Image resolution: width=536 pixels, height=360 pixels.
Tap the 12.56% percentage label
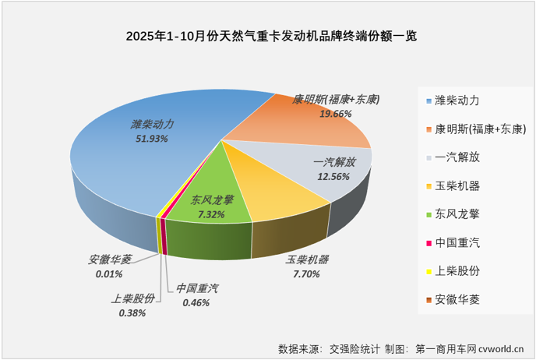[333, 175]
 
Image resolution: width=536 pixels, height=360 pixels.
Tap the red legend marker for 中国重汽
[429, 242]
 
